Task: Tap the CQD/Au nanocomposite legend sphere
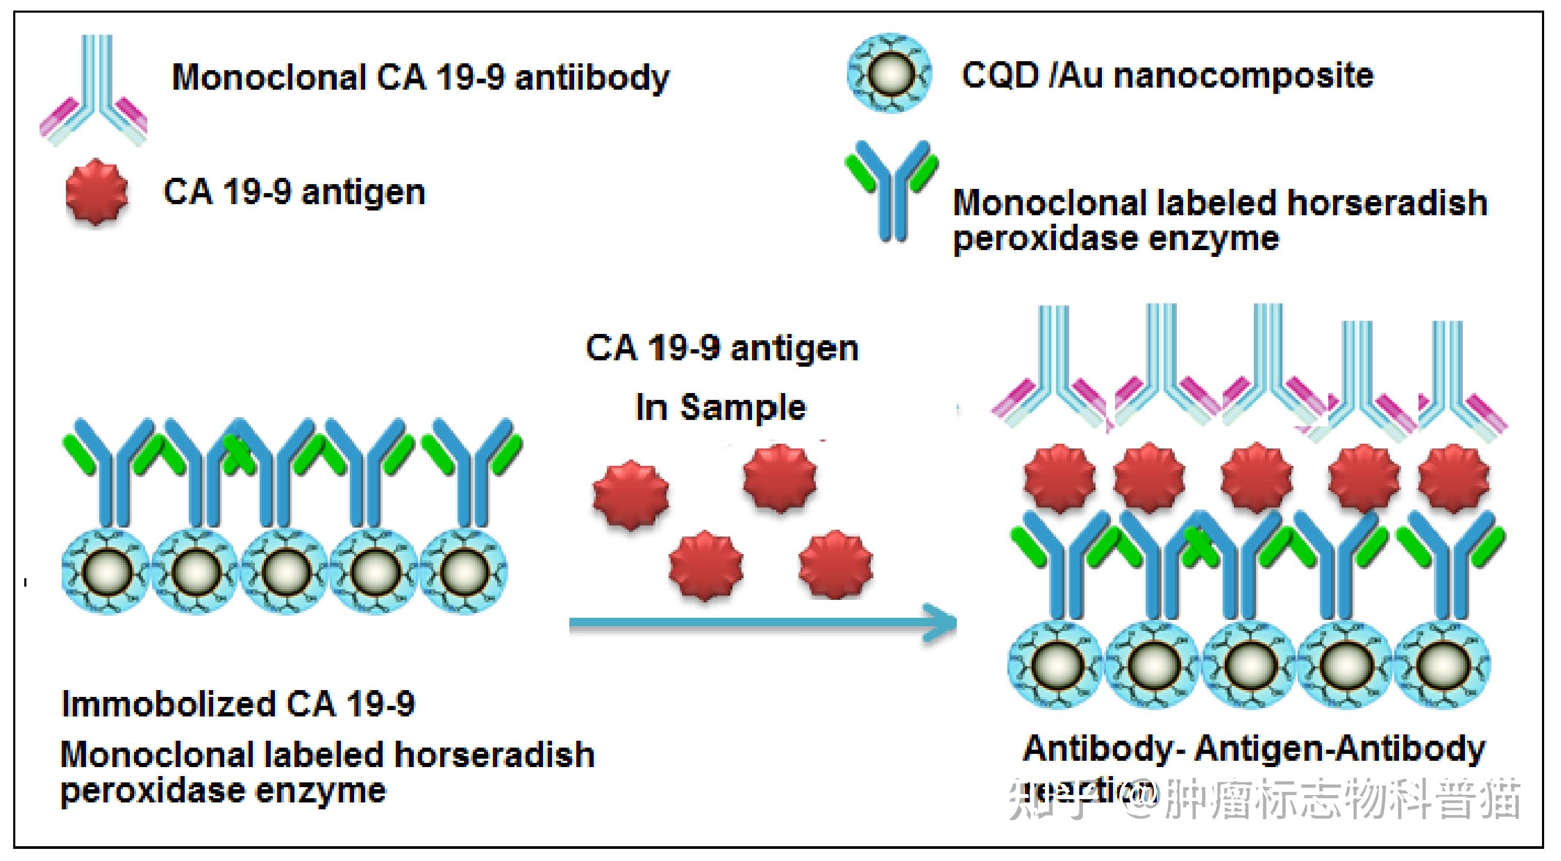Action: (x=889, y=73)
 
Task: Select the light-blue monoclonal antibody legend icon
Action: (x=94, y=91)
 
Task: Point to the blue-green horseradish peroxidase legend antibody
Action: (x=891, y=188)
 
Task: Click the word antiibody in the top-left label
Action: (x=592, y=78)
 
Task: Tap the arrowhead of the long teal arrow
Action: (x=943, y=622)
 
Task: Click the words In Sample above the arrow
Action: (x=720, y=407)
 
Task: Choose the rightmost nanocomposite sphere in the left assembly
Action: (x=463, y=571)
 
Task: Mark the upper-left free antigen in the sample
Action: (x=631, y=494)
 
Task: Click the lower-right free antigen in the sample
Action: (x=835, y=564)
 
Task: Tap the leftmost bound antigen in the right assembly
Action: (x=1059, y=478)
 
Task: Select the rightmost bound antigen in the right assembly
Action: (x=1454, y=478)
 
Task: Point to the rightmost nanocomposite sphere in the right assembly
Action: (x=1444, y=665)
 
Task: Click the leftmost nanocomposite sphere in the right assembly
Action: (x=1055, y=665)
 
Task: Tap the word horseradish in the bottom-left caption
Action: (x=494, y=755)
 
